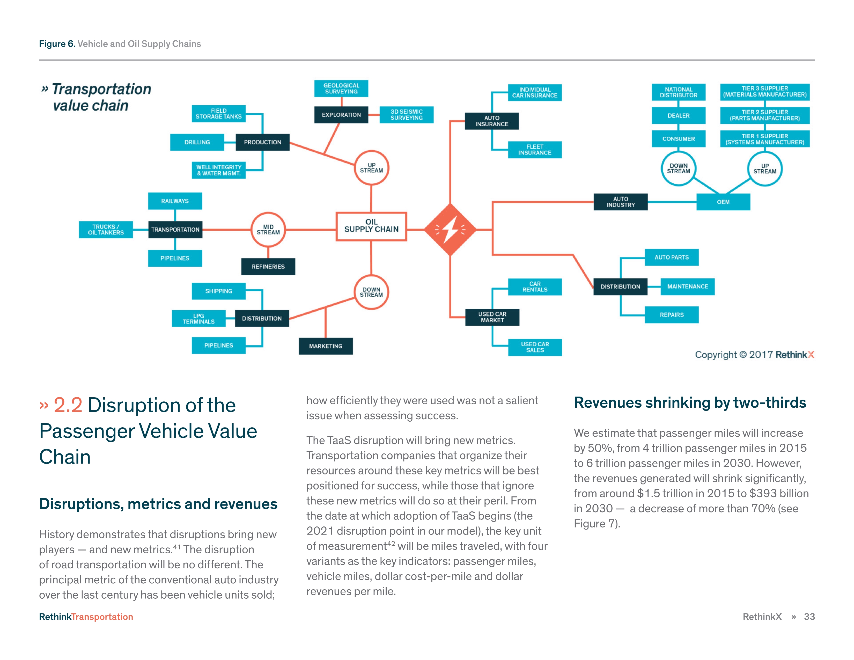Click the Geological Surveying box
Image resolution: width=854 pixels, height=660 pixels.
point(341,88)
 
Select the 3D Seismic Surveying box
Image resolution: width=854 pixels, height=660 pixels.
point(406,115)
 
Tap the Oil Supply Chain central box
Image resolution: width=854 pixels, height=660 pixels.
point(371,226)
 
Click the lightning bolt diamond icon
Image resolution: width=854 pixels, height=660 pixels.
point(450,230)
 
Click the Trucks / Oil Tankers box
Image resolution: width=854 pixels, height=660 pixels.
point(106,230)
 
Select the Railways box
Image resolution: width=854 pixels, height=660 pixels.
point(175,201)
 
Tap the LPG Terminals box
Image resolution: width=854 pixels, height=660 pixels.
point(199,319)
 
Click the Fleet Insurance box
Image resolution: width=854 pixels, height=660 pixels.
point(535,150)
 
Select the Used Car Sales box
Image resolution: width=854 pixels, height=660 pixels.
point(535,347)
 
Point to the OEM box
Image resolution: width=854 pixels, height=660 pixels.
point(723,202)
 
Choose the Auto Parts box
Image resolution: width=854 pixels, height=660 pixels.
point(671,257)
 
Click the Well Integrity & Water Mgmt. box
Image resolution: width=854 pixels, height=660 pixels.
point(219,170)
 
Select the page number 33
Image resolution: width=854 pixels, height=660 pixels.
point(809,617)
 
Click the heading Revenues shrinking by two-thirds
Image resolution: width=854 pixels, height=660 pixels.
point(690,403)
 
